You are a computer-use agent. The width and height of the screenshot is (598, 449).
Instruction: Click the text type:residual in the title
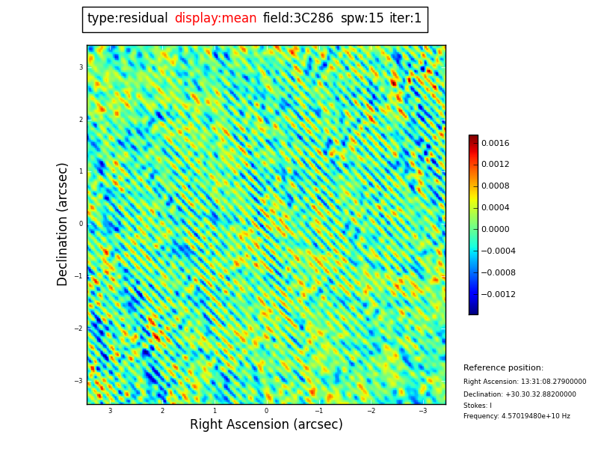pyautogui.click(x=127, y=19)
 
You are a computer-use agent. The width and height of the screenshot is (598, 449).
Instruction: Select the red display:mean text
pyautogui.click(x=215, y=19)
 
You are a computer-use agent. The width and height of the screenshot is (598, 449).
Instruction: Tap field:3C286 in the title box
pyautogui.click(x=298, y=19)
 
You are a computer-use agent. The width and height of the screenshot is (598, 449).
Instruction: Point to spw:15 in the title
pyautogui.click(x=362, y=19)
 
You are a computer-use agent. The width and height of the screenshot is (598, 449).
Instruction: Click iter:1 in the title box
pyautogui.click(x=405, y=19)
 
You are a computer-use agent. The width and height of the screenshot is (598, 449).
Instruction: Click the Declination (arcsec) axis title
pyautogui.click(x=63, y=224)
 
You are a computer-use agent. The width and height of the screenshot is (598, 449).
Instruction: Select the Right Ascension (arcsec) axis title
pyautogui.click(x=266, y=425)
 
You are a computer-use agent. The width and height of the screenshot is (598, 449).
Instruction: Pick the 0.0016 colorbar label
pyautogui.click(x=495, y=144)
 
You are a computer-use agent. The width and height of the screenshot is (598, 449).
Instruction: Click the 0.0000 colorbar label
pyautogui.click(x=495, y=230)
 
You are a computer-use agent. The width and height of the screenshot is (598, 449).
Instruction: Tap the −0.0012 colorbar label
pyautogui.click(x=498, y=295)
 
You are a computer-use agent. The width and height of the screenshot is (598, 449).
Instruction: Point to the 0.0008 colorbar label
pyautogui.click(x=495, y=186)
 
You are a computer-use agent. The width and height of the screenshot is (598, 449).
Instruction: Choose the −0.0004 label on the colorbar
pyautogui.click(x=498, y=251)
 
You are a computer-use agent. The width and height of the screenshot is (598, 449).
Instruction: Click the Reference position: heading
pyautogui.click(x=503, y=368)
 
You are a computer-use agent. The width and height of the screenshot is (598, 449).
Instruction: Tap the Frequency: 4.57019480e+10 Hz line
pyautogui.click(x=517, y=416)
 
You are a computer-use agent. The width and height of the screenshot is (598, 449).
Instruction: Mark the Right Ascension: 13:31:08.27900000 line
pyautogui.click(x=525, y=382)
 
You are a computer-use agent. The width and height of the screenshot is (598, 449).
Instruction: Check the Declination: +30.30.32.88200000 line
pyautogui.click(x=520, y=394)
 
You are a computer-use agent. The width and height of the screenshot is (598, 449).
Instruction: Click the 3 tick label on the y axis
pyautogui.click(x=81, y=67)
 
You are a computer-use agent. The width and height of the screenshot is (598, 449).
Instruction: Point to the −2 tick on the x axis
pyautogui.click(x=371, y=411)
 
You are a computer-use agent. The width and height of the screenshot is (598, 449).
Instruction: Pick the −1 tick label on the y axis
pyautogui.click(x=78, y=276)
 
